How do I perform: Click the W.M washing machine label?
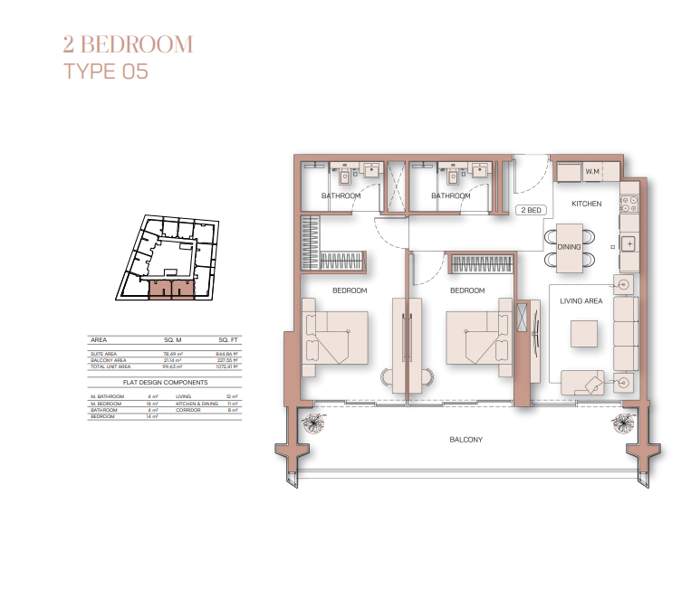593,172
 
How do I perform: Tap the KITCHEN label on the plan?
586,205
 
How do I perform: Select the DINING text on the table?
569,246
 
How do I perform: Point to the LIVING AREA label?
581,301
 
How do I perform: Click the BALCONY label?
465,440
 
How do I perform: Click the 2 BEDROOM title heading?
128,44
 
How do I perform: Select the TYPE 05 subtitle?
105,72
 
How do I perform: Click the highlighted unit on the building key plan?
171,289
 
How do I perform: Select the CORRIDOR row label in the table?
188,410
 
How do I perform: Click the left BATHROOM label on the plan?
341,196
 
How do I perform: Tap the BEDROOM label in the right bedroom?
467,291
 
